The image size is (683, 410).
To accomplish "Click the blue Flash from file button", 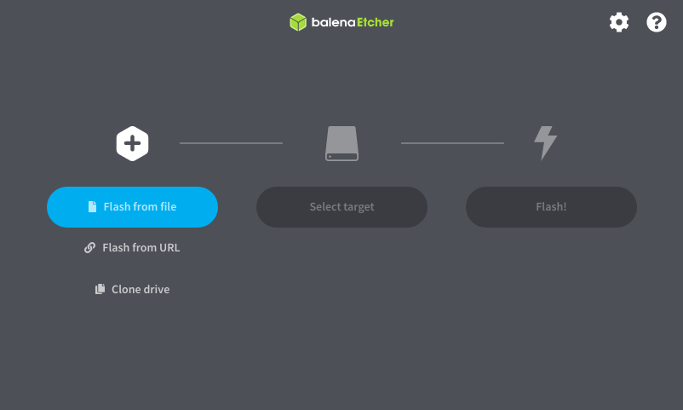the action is pos(132,207).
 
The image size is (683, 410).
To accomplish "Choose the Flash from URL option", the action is pos(132,248).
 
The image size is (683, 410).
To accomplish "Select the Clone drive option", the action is pos(132,289).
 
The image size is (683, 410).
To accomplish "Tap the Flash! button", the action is pos(551,207).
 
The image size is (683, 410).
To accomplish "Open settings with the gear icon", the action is pos(619,22).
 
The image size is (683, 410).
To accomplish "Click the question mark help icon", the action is pos(657,22).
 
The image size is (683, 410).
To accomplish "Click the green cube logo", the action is pos(298,22).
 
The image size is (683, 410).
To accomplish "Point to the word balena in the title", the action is pos(333,22).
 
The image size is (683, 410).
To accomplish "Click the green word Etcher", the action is pos(376,22).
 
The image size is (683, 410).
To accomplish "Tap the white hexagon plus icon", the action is pos(132,143).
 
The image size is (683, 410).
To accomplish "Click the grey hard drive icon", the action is pos(342,143).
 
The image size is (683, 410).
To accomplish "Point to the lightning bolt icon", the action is pos(545,143).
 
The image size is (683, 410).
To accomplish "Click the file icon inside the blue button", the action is pos(92,207).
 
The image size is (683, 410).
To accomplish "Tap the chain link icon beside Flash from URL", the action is pos(89,248).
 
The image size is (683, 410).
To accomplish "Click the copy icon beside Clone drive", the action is pos(100,289).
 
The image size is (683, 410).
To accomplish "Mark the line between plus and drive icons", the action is pos(232,143).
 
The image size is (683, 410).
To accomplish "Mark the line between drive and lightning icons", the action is pos(452,143).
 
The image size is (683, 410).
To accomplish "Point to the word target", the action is pos(359,207).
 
